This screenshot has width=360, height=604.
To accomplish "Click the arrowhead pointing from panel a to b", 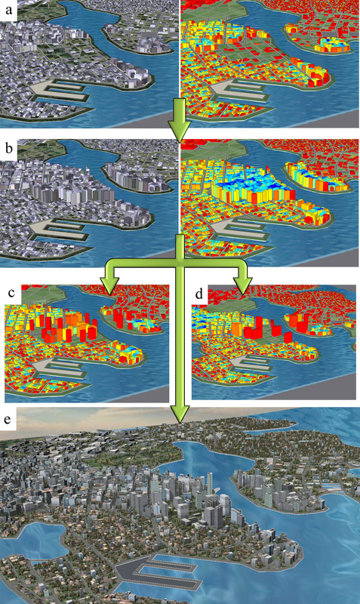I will coord(180,132).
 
